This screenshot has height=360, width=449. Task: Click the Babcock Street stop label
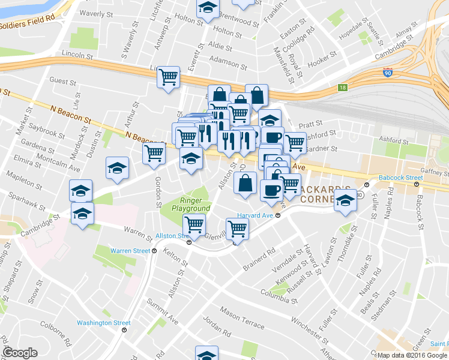tap(401, 178)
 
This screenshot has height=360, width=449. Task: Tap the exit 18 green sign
tap(342, 88)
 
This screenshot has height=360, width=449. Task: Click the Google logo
tap(20, 353)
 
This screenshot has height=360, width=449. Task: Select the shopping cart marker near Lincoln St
tap(169, 77)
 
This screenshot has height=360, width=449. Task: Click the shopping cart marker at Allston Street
tap(194, 225)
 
